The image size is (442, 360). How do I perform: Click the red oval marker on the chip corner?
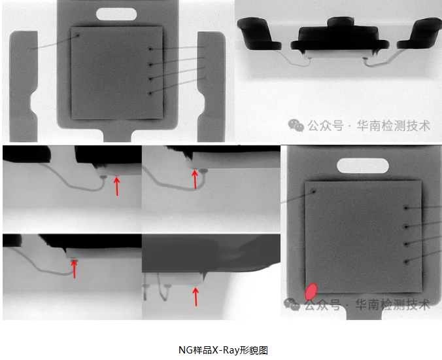pos(311,292)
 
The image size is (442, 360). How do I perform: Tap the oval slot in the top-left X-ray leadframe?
pos(116,14)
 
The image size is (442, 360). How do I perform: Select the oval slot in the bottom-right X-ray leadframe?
pos(363,166)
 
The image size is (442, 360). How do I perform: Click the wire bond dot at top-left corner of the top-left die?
pos(78,35)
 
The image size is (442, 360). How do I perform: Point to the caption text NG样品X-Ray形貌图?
pos(223,350)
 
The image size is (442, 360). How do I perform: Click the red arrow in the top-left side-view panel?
pos(116,186)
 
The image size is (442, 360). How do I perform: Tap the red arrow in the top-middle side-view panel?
pos(195,179)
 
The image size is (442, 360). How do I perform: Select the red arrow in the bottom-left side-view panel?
pos(74,269)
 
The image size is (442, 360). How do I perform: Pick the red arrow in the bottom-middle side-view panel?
pos(195,297)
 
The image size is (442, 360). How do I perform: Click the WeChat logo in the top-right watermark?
pos(296,125)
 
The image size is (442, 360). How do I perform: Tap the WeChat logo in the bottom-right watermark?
pos(292,304)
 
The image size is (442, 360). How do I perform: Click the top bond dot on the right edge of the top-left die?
pos(151,49)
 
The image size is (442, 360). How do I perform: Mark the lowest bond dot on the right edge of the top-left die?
pos(150,94)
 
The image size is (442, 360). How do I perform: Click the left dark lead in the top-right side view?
pos(258,34)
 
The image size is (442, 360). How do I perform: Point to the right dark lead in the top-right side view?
pos(420,33)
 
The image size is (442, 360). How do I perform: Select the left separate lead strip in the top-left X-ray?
pos(24,86)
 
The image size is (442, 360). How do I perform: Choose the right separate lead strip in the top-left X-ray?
pos(211,86)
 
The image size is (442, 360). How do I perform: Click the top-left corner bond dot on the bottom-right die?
pos(313,192)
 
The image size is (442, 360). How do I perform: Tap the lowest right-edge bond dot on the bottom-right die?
pos(406,262)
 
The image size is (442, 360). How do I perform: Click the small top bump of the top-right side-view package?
pos(341,22)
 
